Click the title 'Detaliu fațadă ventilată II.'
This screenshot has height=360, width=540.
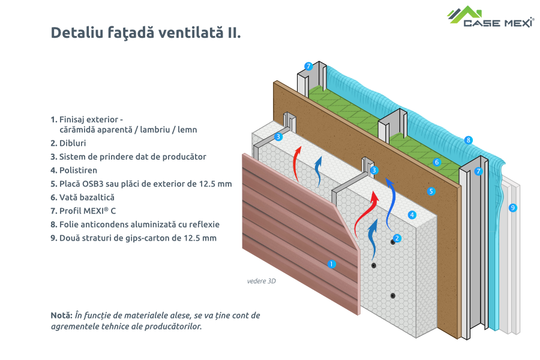pyautogui.click(x=146, y=32)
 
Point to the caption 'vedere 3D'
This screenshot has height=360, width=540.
pyautogui.click(x=261, y=281)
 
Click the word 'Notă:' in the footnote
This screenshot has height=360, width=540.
pyautogui.click(x=61, y=315)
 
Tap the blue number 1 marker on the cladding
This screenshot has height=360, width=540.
pyautogui.click(x=331, y=263)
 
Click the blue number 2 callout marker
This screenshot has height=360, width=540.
pyautogui.click(x=397, y=238)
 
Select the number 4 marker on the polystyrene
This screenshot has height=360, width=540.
pyautogui.click(x=412, y=214)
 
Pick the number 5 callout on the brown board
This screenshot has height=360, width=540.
pyautogui.click(x=431, y=191)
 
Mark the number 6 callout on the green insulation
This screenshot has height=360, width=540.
pyautogui.click(x=437, y=162)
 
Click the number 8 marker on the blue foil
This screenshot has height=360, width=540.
pyautogui.click(x=469, y=140)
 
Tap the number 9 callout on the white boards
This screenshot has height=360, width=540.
pyautogui.click(x=512, y=208)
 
